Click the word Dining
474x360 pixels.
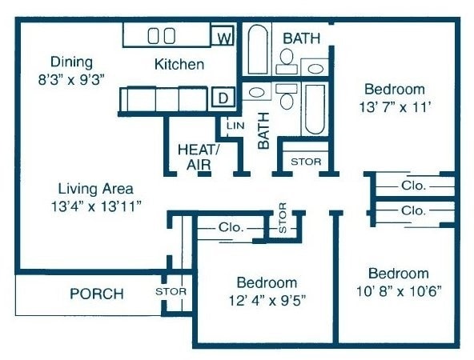pos(71,62)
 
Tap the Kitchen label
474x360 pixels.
pos(179,64)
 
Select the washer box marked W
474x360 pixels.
pos(223,37)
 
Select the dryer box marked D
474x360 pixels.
pos(223,98)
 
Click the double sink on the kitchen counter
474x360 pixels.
pos(162,35)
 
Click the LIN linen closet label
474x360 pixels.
pos(235,126)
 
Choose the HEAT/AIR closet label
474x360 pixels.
pos(198,156)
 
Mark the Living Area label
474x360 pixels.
pos(95,189)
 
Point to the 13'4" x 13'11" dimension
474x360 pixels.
pos(95,206)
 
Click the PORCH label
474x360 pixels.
pos(97,294)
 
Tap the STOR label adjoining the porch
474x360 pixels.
pos(171,291)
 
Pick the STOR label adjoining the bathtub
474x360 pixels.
pos(305,162)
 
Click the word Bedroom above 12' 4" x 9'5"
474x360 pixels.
pos(267,282)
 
